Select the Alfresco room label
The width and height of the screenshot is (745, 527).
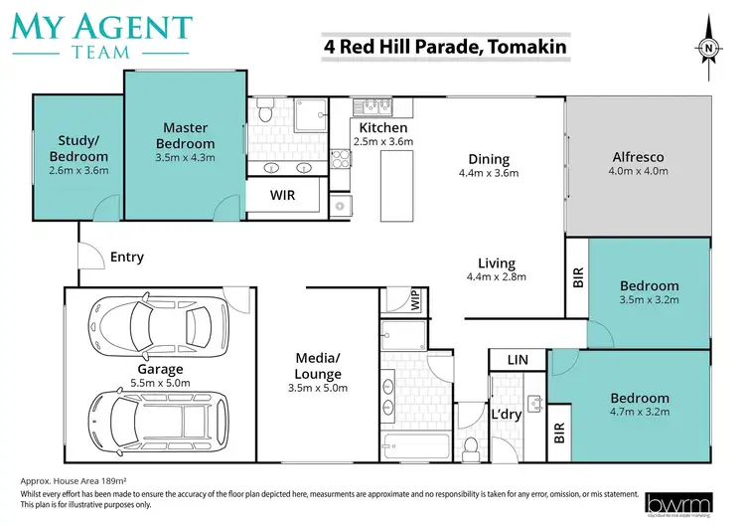coord(636,157)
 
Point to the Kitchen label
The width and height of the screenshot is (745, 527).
coord(383,128)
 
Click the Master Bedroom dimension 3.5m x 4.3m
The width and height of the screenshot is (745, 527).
coord(186,157)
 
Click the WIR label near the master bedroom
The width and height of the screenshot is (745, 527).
coord(283,196)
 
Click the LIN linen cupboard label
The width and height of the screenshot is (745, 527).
coord(517,359)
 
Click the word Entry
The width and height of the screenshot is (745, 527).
coord(127,258)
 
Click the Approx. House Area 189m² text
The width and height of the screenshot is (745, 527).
coord(72,480)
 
